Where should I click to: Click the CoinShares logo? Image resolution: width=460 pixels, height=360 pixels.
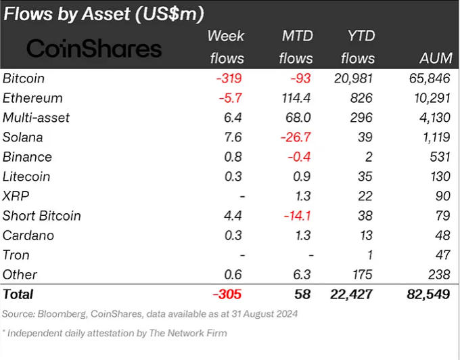(94, 49)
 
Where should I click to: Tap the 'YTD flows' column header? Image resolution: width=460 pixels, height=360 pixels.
(358, 47)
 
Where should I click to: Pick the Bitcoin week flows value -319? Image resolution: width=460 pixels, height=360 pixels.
(228, 78)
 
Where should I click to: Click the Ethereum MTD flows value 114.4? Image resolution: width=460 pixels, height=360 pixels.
(296, 98)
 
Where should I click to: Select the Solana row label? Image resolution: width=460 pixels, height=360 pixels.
(24, 137)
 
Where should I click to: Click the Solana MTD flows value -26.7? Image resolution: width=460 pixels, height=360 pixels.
(295, 137)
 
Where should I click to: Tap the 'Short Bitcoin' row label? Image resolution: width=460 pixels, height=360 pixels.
(42, 216)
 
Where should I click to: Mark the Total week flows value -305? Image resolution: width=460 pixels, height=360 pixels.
(227, 294)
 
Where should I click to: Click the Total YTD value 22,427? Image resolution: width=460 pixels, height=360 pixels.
(354, 294)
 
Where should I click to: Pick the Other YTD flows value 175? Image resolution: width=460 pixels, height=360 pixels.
(364, 275)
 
